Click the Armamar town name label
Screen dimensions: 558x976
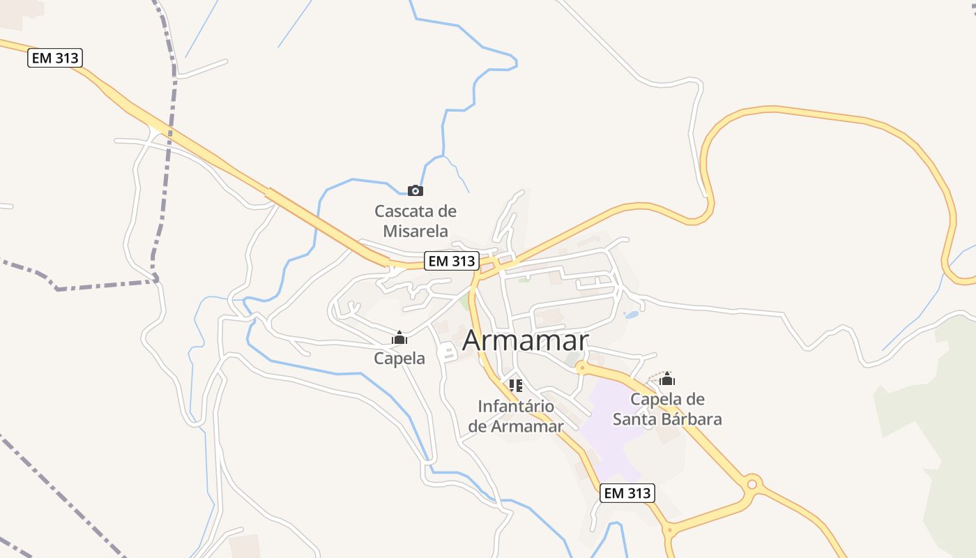[x=525, y=340]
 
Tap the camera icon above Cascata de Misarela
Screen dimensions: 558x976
[x=415, y=190]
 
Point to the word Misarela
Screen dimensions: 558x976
[x=415, y=231]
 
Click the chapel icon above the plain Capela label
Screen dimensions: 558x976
[x=399, y=338]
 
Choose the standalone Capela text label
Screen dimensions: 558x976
[x=399, y=359]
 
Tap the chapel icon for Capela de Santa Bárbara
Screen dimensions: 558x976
[x=667, y=379]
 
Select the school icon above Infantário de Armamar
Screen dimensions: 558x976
[x=516, y=385]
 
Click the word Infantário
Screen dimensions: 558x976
[x=516, y=406]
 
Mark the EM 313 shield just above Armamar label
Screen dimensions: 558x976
[x=452, y=262]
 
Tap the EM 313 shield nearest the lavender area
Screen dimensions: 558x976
[x=627, y=493]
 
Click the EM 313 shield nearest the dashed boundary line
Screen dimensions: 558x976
[x=56, y=58]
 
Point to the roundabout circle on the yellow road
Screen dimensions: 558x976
[x=752, y=483]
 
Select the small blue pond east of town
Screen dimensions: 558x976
[x=631, y=315]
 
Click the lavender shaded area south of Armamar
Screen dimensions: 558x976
[x=610, y=425]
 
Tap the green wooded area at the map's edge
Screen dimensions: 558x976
[x=934, y=432]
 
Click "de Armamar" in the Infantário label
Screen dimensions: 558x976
[x=516, y=426]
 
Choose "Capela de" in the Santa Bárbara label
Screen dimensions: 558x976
[x=667, y=400]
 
